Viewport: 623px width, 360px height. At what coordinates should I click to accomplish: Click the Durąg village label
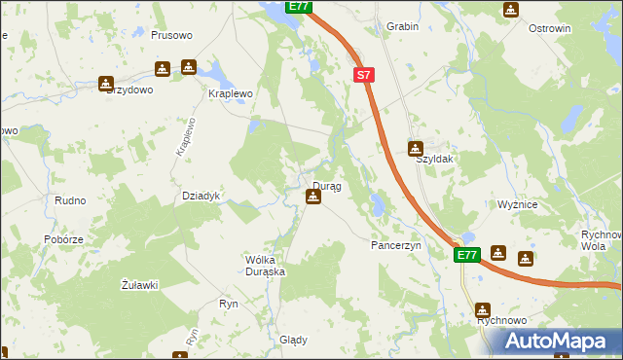[326, 185]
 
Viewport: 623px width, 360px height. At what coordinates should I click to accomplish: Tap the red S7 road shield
[363, 74]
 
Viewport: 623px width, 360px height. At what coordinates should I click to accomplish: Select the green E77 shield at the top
[299, 7]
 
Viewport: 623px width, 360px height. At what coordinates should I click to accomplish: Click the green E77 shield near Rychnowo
[467, 255]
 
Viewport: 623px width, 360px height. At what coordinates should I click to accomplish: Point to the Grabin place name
[402, 26]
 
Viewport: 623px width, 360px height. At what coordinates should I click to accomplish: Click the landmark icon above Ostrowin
[511, 10]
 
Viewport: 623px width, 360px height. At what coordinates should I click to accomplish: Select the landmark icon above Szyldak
[416, 148]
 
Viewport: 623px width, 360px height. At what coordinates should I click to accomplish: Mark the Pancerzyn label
[395, 246]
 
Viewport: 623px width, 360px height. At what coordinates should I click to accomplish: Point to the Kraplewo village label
[231, 93]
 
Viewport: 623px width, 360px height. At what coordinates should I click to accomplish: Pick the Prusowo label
[172, 35]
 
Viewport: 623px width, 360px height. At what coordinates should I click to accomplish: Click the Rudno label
[70, 200]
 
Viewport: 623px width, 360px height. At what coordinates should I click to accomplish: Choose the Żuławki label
[138, 284]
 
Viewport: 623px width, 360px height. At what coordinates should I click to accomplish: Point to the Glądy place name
[293, 341]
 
